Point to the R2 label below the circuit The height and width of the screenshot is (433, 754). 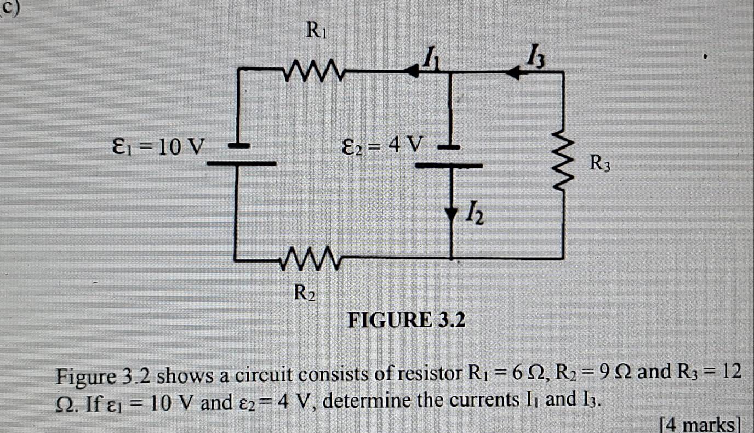pyautogui.click(x=305, y=294)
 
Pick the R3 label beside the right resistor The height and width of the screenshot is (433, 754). pyautogui.click(x=599, y=163)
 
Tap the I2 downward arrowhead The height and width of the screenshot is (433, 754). pyautogui.click(x=451, y=213)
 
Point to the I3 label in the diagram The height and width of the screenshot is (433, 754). pyautogui.click(x=535, y=55)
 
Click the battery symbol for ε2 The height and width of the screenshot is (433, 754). pyautogui.click(x=450, y=156)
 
